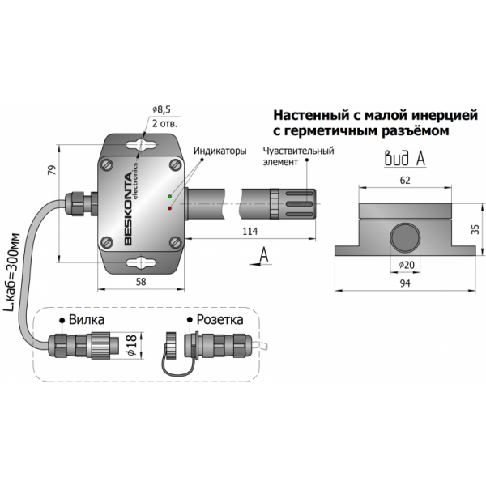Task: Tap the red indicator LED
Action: (168, 208)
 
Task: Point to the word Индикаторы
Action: (219, 151)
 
